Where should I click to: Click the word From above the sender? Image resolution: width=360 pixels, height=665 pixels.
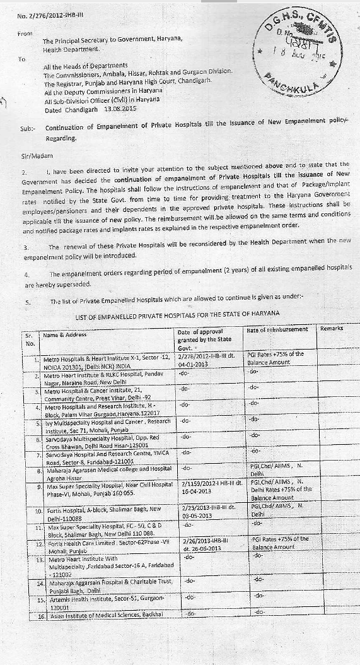[26, 33]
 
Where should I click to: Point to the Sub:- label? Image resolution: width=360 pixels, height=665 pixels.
[28, 127]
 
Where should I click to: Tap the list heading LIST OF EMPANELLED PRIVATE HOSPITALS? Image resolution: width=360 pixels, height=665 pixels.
[178, 314]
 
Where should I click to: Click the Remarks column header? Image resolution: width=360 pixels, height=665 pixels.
[332, 329]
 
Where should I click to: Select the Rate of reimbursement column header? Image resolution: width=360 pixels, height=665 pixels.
[277, 329]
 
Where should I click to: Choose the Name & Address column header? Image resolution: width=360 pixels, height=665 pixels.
[66, 335]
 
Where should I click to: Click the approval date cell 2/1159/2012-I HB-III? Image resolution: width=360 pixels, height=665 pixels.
[209, 489]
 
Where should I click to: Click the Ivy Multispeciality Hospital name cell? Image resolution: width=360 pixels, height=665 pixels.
[104, 423]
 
